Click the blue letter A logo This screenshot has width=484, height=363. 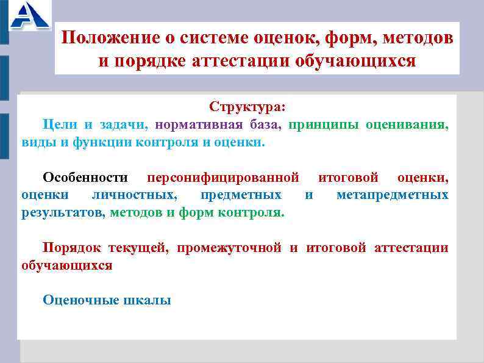tap(29, 16)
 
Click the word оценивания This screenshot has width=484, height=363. tap(407, 125)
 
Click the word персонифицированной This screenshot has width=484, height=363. tap(223, 178)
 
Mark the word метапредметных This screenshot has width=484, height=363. tap(392, 195)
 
